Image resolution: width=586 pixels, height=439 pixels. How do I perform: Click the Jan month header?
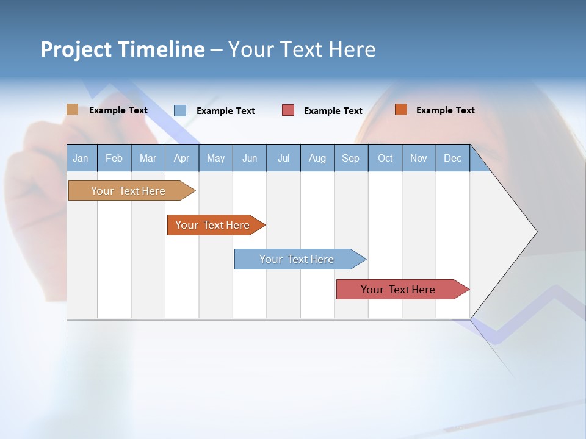point(81,158)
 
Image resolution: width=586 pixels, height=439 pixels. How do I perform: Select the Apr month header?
point(181,158)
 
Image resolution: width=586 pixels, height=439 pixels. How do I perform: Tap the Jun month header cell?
point(250,158)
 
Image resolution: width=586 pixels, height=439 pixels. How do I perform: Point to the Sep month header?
point(350,158)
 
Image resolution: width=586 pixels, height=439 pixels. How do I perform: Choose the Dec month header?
point(452,158)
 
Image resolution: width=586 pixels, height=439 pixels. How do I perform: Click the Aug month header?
point(317,158)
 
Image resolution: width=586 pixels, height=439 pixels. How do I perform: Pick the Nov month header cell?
point(418,158)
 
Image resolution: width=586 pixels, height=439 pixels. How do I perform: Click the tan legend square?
point(72,110)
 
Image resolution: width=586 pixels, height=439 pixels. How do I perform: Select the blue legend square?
point(179,110)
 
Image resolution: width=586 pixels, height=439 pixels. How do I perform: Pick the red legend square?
point(288,110)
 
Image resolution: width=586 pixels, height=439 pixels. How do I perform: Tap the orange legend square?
point(400,110)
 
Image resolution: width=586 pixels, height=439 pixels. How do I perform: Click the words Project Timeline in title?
point(122,49)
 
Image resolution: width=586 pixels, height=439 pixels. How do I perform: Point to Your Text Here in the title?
point(302,49)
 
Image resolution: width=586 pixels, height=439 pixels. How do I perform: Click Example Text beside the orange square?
point(445,110)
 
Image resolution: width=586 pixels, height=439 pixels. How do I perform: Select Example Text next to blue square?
point(225,111)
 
